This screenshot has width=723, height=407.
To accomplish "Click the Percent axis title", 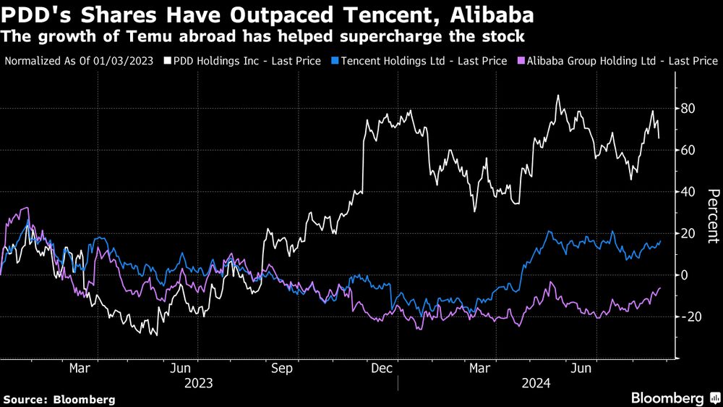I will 711,215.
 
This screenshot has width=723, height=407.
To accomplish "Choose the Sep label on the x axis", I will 281,369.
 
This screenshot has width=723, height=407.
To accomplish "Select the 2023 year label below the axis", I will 198,383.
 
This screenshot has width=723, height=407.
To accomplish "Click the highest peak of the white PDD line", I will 557,96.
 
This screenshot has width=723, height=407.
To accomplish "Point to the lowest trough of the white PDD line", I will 156,335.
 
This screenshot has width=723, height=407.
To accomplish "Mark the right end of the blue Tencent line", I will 660,241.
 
